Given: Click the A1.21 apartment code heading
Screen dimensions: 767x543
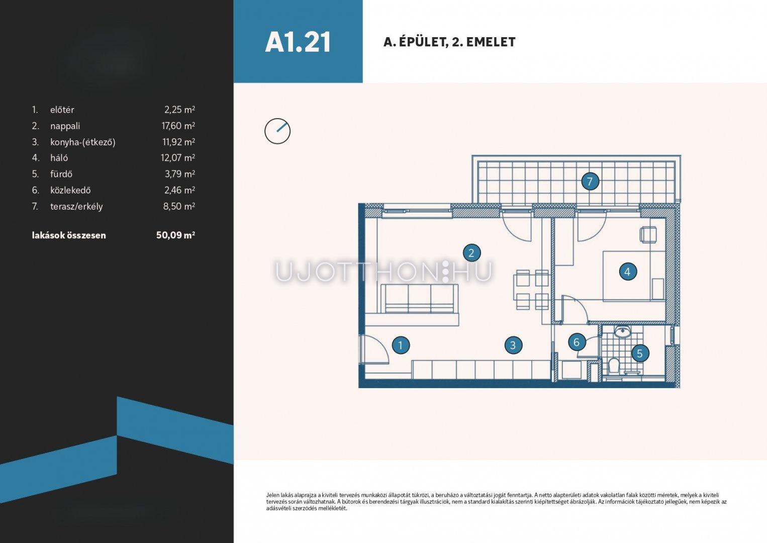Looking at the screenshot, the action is pos(298,42).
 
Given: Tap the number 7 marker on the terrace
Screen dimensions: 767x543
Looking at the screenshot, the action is pos(590,181).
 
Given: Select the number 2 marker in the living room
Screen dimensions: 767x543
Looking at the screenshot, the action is pos(471,253).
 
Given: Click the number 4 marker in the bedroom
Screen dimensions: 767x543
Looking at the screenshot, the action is pos(628,271).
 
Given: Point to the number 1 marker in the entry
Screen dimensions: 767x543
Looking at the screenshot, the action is pos(401,345).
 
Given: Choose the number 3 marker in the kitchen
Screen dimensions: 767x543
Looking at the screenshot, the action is pos(513,345).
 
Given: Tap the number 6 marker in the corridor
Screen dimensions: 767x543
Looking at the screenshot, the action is pos(577,342).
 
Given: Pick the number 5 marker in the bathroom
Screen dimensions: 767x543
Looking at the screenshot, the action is pos(640,353).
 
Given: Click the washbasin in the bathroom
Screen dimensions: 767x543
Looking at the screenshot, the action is pos(623,332).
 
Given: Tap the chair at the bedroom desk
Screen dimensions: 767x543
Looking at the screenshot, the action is pos(648,235).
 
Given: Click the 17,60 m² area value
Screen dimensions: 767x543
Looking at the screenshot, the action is pos(178,126).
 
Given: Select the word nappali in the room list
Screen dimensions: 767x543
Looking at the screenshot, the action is pos(65,126).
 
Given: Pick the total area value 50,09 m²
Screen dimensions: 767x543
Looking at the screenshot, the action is pos(175,235).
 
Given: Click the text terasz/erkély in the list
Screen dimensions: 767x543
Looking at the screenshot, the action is pos(76,207).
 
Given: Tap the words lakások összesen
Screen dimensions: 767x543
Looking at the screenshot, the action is pos(69,235).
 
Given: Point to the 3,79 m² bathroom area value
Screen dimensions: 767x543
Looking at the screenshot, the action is pos(180,174).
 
